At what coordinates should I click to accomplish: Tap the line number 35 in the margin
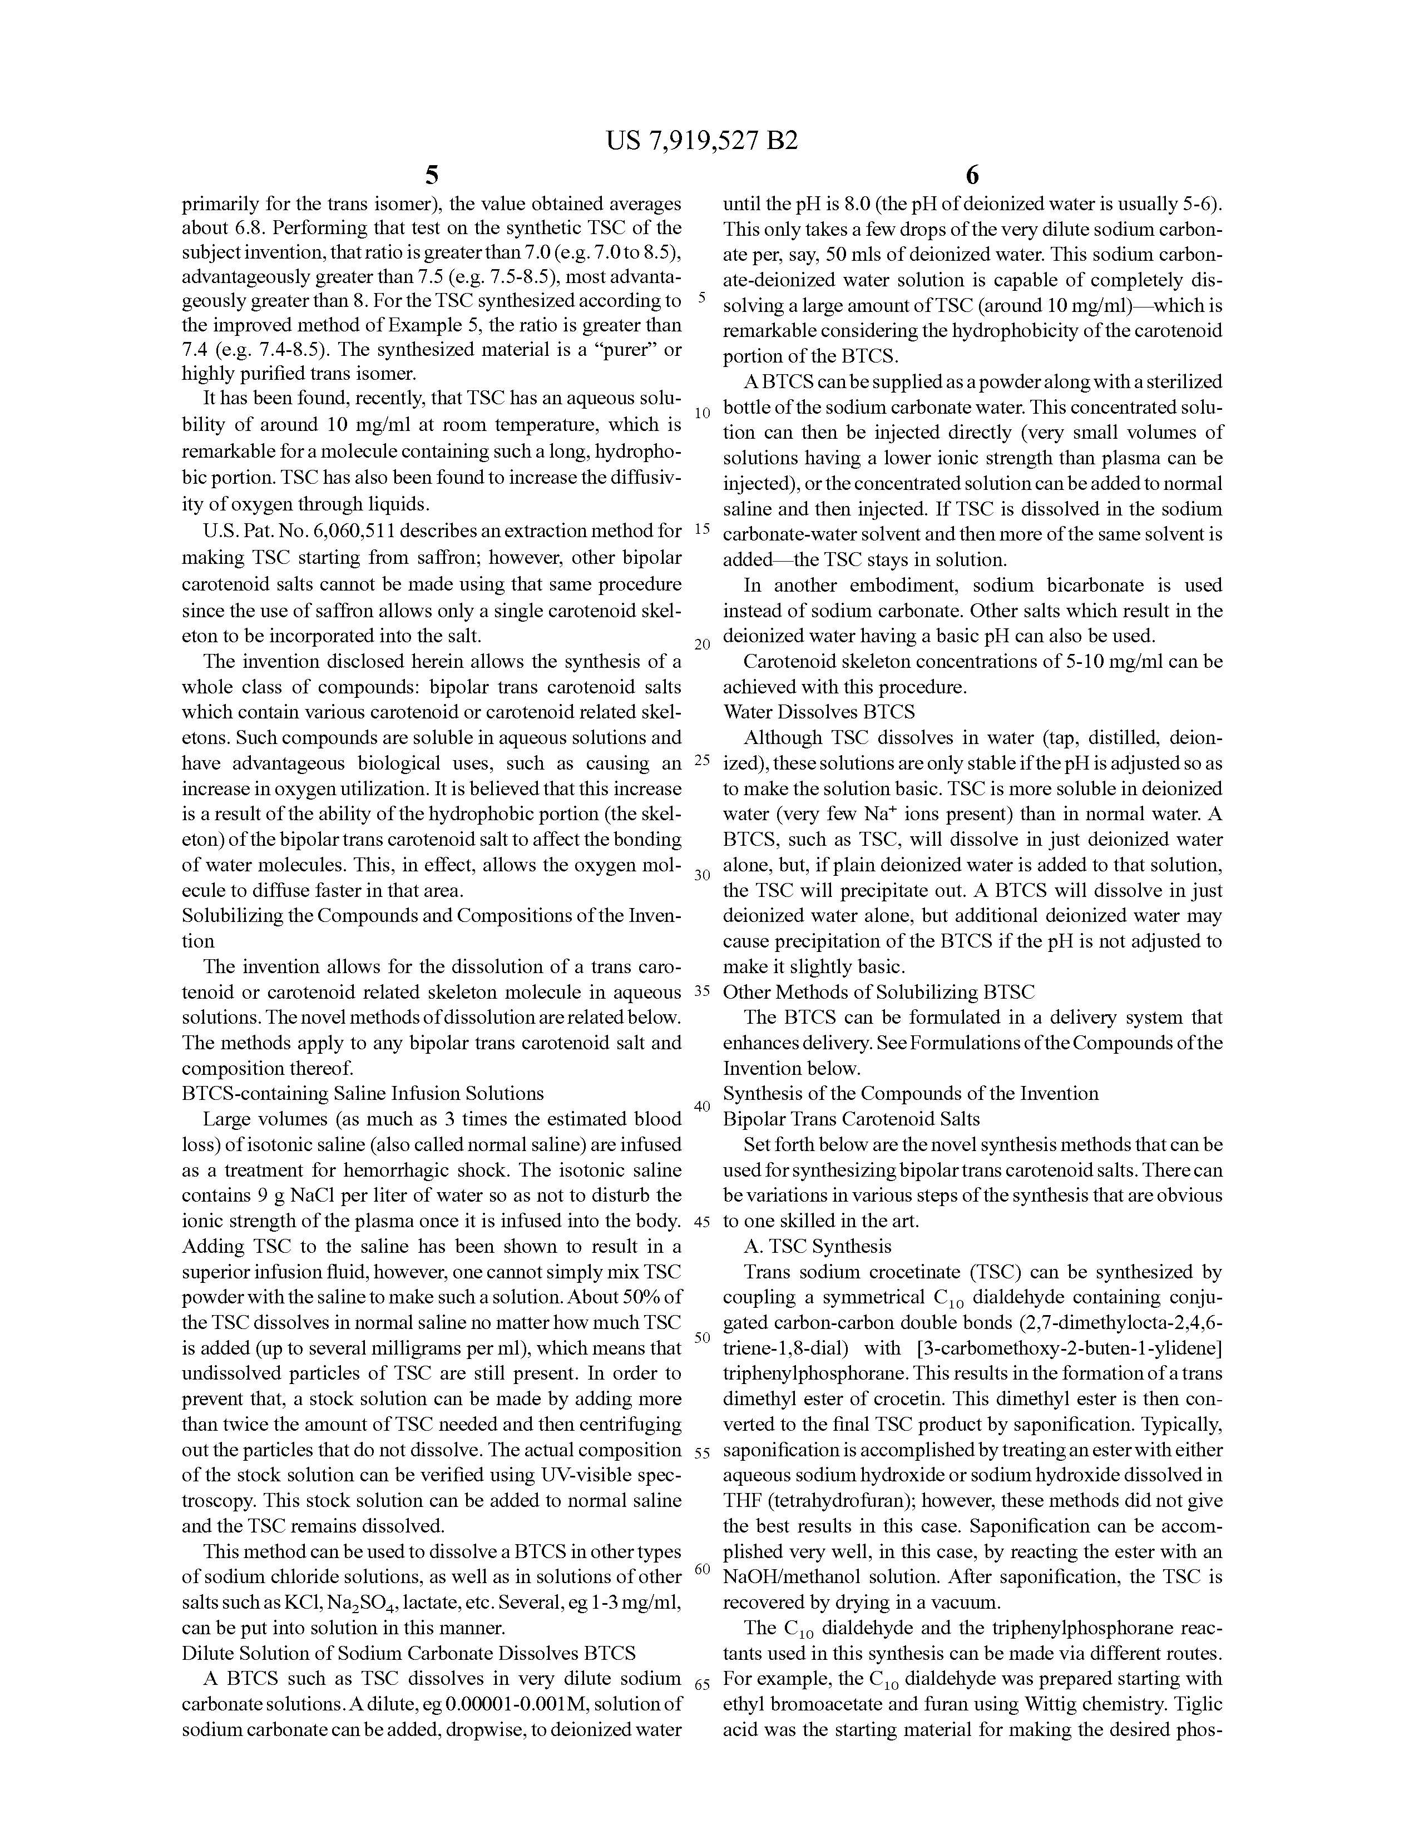(702, 991)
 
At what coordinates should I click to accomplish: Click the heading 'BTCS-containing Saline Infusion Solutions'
(362, 1093)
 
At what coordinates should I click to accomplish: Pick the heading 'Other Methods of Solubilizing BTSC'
(878, 991)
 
